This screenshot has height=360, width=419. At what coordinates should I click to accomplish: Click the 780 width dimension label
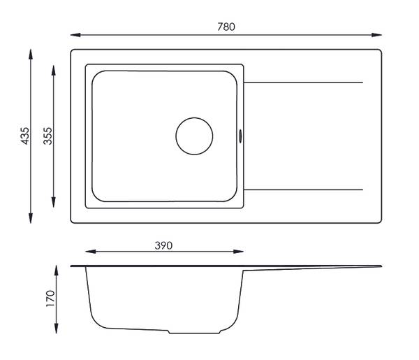click(226, 27)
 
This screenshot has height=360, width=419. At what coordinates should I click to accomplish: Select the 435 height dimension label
click(25, 136)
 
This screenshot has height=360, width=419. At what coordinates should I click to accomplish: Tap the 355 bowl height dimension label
click(47, 136)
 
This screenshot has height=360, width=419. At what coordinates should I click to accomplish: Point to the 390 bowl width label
click(163, 245)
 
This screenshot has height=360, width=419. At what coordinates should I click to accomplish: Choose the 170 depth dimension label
click(50, 298)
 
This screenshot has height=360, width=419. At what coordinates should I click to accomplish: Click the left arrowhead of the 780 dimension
click(75, 35)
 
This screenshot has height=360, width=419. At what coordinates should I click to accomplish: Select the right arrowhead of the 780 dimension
click(377, 35)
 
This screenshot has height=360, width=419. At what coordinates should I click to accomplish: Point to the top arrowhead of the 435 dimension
click(31, 54)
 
